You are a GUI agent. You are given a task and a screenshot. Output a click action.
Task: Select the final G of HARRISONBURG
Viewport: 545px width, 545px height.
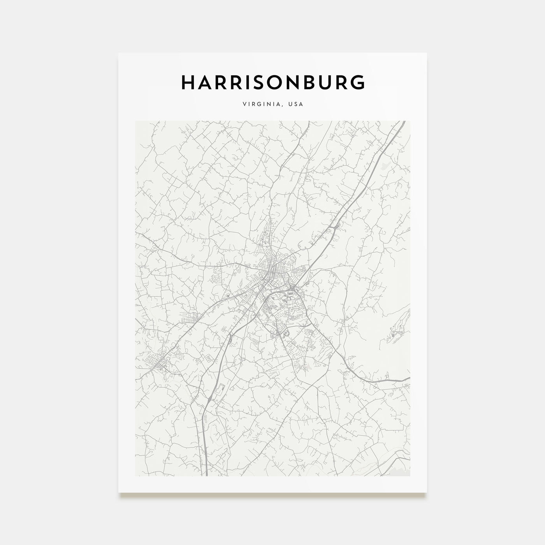tap(358, 82)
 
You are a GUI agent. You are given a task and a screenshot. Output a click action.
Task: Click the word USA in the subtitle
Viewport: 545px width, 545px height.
tap(296, 104)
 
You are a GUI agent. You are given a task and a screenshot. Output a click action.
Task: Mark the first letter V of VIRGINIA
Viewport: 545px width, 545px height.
tap(244, 104)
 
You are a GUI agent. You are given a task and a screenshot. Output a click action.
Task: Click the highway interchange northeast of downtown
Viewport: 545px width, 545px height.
tap(333, 227)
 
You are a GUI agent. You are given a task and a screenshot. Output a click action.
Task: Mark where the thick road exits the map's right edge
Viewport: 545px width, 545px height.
tap(409, 378)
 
